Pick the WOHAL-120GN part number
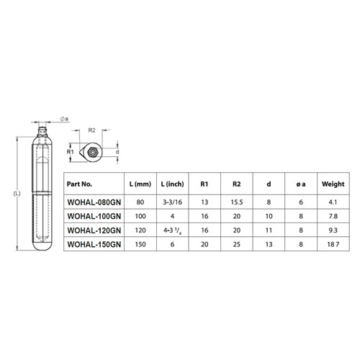(92, 230)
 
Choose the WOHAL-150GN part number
(92, 245)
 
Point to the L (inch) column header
(177, 184)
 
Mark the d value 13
(269, 245)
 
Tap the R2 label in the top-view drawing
(92, 131)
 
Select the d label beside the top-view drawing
(116, 152)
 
